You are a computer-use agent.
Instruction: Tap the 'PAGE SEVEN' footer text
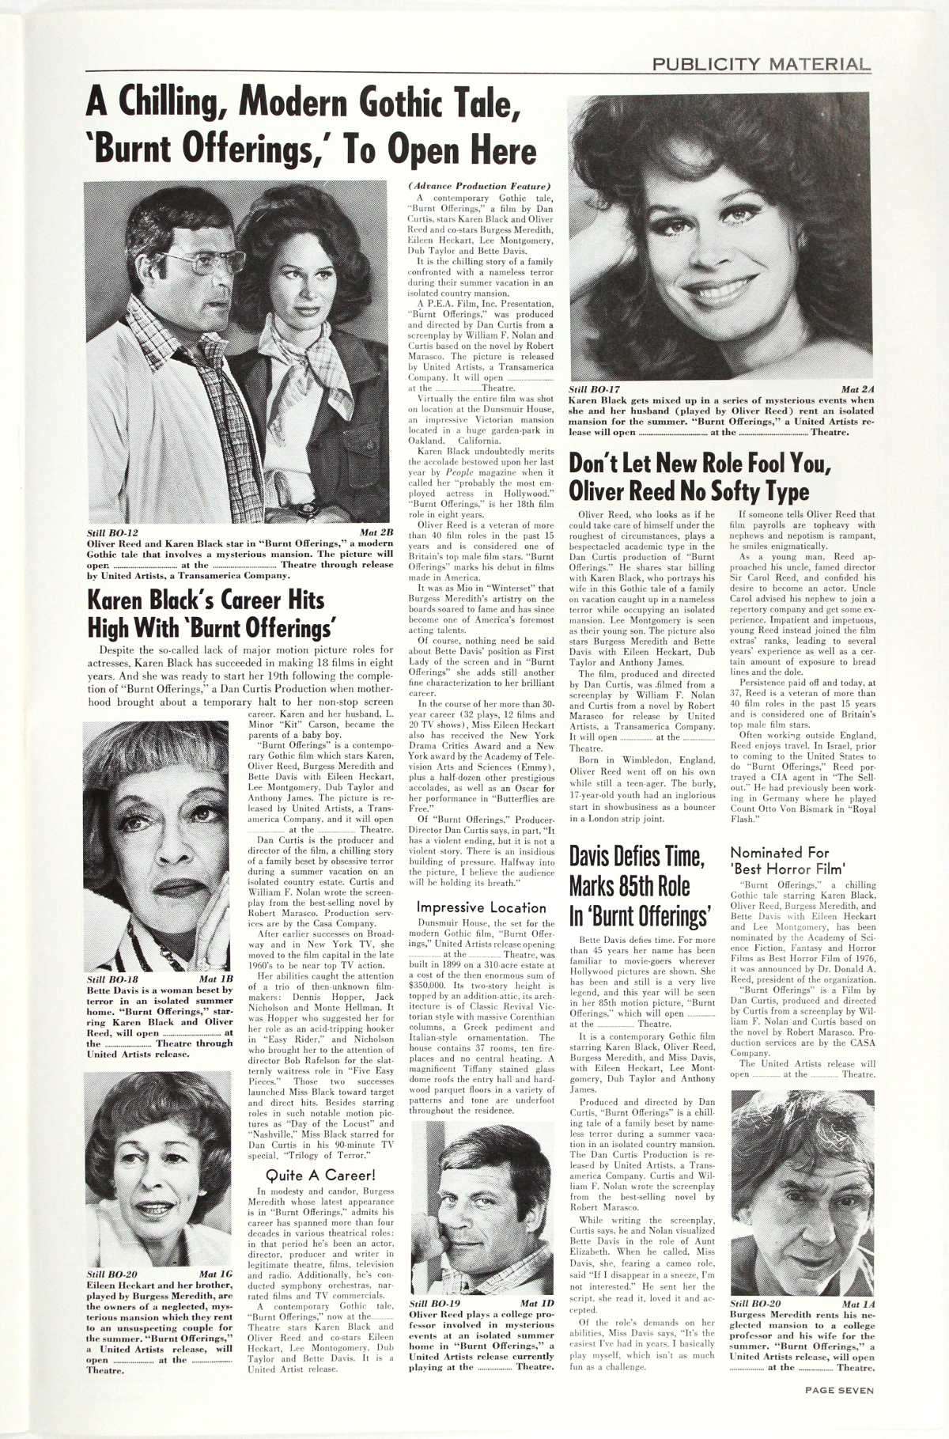[839, 1411]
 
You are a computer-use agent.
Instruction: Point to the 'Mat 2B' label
[376, 532]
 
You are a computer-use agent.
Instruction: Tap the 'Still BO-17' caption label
[594, 389]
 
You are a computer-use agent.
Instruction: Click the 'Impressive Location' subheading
[481, 907]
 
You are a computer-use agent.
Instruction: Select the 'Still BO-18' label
[112, 979]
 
